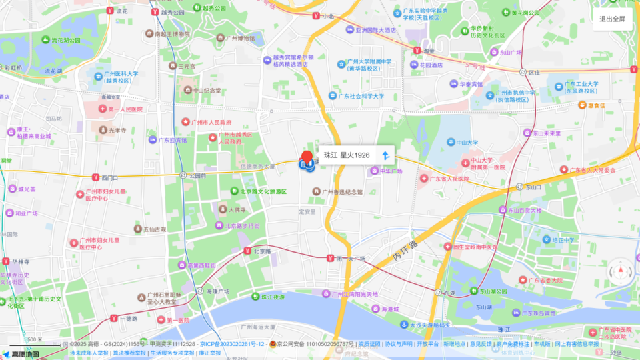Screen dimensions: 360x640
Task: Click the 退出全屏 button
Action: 612,19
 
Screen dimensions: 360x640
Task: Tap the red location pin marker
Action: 307,159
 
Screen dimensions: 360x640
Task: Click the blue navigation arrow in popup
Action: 385,155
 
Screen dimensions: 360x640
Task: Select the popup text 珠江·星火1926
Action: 347,155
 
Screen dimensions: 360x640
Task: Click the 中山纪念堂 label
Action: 202,90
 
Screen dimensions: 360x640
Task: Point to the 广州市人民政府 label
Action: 211,123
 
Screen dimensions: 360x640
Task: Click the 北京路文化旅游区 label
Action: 259,192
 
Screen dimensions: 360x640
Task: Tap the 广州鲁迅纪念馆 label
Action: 341,192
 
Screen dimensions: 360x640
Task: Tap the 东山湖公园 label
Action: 493,291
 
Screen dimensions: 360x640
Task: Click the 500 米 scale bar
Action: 27,341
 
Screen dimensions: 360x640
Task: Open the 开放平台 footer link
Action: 428,344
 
